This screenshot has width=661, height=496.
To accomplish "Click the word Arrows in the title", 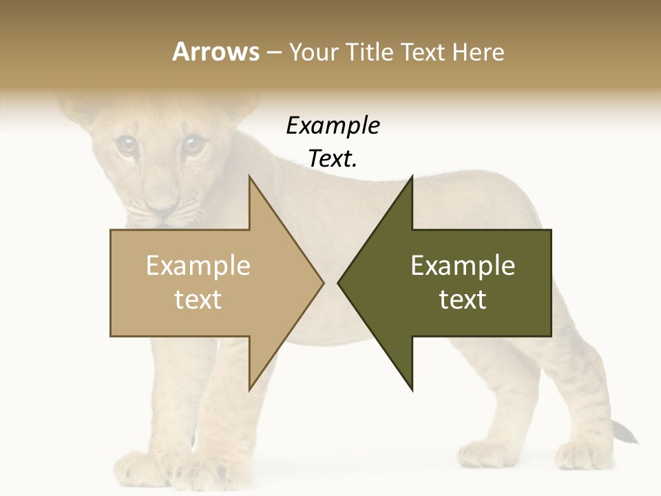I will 216,52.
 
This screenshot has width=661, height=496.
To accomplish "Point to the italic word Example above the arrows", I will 333,126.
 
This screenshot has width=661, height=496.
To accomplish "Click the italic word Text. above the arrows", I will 333,159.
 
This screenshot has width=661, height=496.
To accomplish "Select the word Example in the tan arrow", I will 198,266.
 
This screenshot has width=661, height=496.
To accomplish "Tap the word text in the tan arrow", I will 198,300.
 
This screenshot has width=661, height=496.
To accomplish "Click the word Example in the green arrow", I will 463,266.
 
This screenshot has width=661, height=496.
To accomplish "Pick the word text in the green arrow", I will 463,300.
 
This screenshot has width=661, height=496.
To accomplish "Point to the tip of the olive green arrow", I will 339,282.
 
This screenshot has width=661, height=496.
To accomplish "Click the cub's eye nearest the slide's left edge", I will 125,144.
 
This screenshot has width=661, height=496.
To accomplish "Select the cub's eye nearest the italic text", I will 193,145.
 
